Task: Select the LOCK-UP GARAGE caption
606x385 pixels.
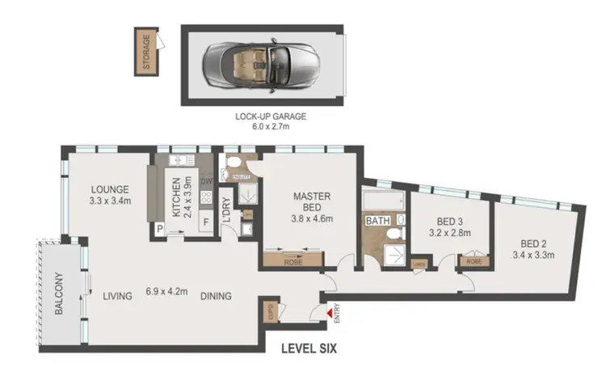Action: coord(271,116)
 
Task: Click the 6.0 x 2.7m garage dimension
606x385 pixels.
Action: coord(271,127)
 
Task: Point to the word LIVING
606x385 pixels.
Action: coord(117,297)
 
